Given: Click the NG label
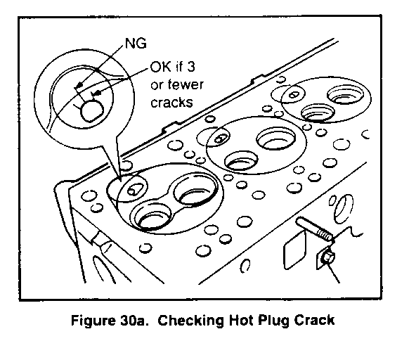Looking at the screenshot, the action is click(136, 44).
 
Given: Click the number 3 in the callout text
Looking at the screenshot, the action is click(190, 66).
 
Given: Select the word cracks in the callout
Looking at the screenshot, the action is click(171, 102).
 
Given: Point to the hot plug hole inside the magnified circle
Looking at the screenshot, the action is click(91, 111).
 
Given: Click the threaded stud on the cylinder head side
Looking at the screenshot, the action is click(314, 229).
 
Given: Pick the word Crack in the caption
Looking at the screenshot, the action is click(314, 320).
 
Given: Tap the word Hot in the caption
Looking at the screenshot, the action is click(242, 320).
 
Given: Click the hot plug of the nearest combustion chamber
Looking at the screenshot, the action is click(132, 190).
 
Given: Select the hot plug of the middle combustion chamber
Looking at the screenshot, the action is click(220, 139).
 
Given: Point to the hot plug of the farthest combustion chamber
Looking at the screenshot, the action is click(294, 94).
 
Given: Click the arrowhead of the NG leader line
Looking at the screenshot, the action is click(79, 86).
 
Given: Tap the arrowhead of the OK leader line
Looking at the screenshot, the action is click(96, 93).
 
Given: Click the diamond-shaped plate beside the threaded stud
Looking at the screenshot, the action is click(294, 250).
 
